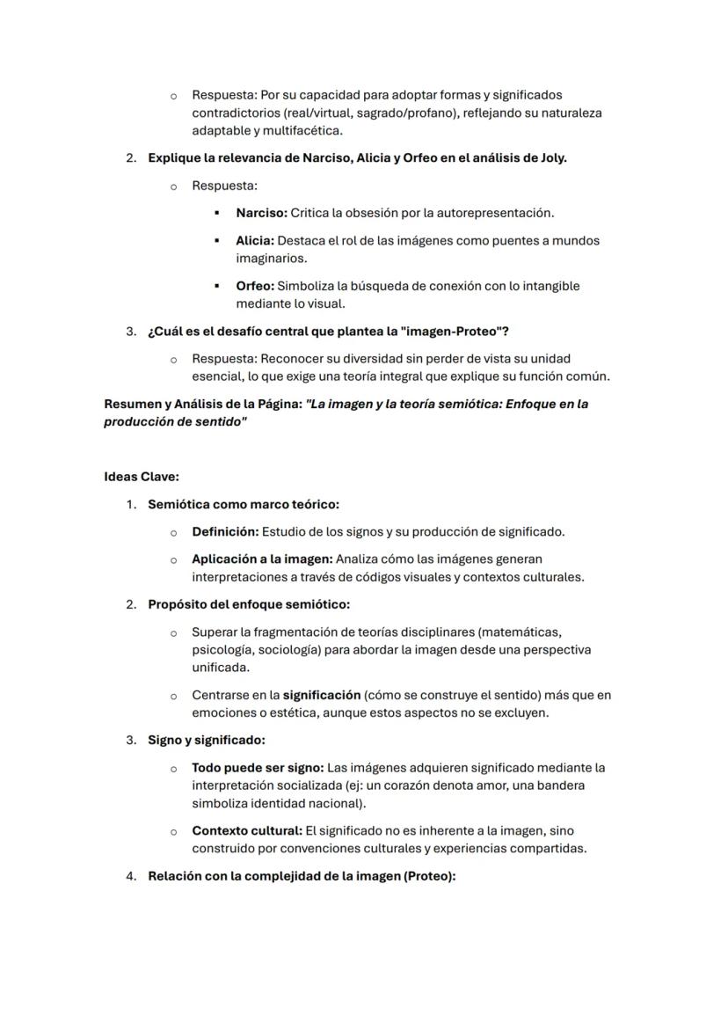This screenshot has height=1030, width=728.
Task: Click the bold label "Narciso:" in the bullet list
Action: [x=261, y=213]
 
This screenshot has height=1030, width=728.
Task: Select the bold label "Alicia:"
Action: [x=255, y=240]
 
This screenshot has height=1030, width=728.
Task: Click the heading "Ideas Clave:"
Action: [x=142, y=477]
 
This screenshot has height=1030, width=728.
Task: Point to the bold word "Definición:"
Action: [x=224, y=531]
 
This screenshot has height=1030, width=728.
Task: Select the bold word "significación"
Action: [x=322, y=695]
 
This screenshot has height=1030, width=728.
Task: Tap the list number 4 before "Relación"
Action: [x=131, y=876]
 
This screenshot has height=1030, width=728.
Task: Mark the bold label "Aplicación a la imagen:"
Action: [x=262, y=559]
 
